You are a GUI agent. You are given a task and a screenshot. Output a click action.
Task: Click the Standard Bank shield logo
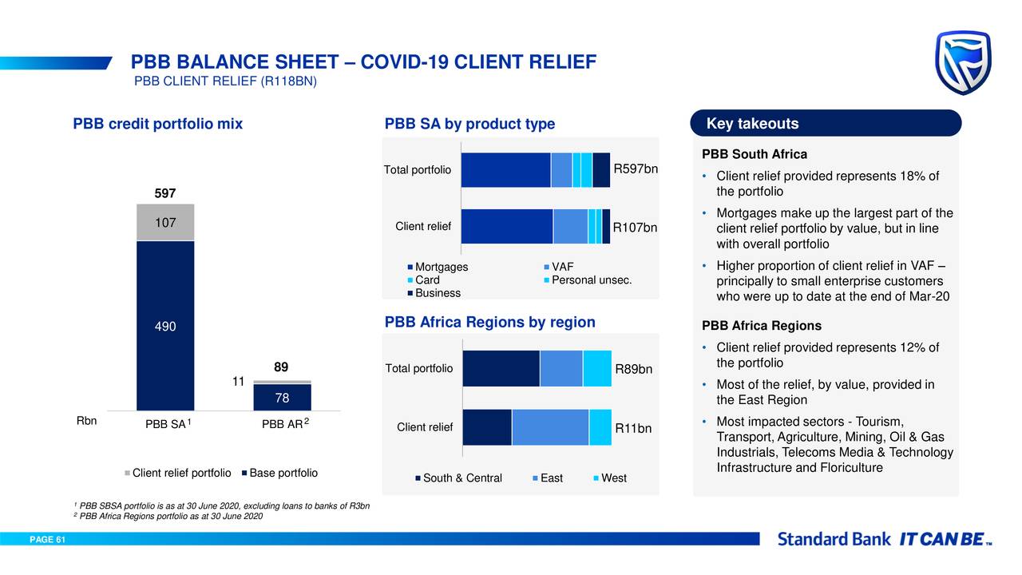tap(963, 62)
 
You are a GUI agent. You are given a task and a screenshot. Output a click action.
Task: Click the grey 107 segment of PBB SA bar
tap(165, 223)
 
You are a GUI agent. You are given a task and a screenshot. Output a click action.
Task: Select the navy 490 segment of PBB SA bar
tap(165, 326)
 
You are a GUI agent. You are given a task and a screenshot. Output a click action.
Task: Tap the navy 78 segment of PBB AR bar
tap(282, 398)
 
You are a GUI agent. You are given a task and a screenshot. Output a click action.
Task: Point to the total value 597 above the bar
tap(165, 194)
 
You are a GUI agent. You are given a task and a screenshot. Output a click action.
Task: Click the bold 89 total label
tap(281, 367)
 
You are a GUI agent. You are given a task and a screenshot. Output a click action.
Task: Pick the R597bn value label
tap(636, 169)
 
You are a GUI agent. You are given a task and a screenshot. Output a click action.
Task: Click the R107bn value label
tap(635, 228)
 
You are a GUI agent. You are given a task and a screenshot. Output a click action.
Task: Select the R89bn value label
tap(634, 369)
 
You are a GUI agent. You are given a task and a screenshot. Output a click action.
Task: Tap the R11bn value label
tap(633, 429)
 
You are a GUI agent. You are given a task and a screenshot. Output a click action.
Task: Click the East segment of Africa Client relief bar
tap(550, 427)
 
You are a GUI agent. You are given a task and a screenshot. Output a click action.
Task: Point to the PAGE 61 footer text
tap(47, 540)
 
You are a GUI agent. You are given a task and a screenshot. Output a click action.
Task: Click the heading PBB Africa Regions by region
tap(490, 322)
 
